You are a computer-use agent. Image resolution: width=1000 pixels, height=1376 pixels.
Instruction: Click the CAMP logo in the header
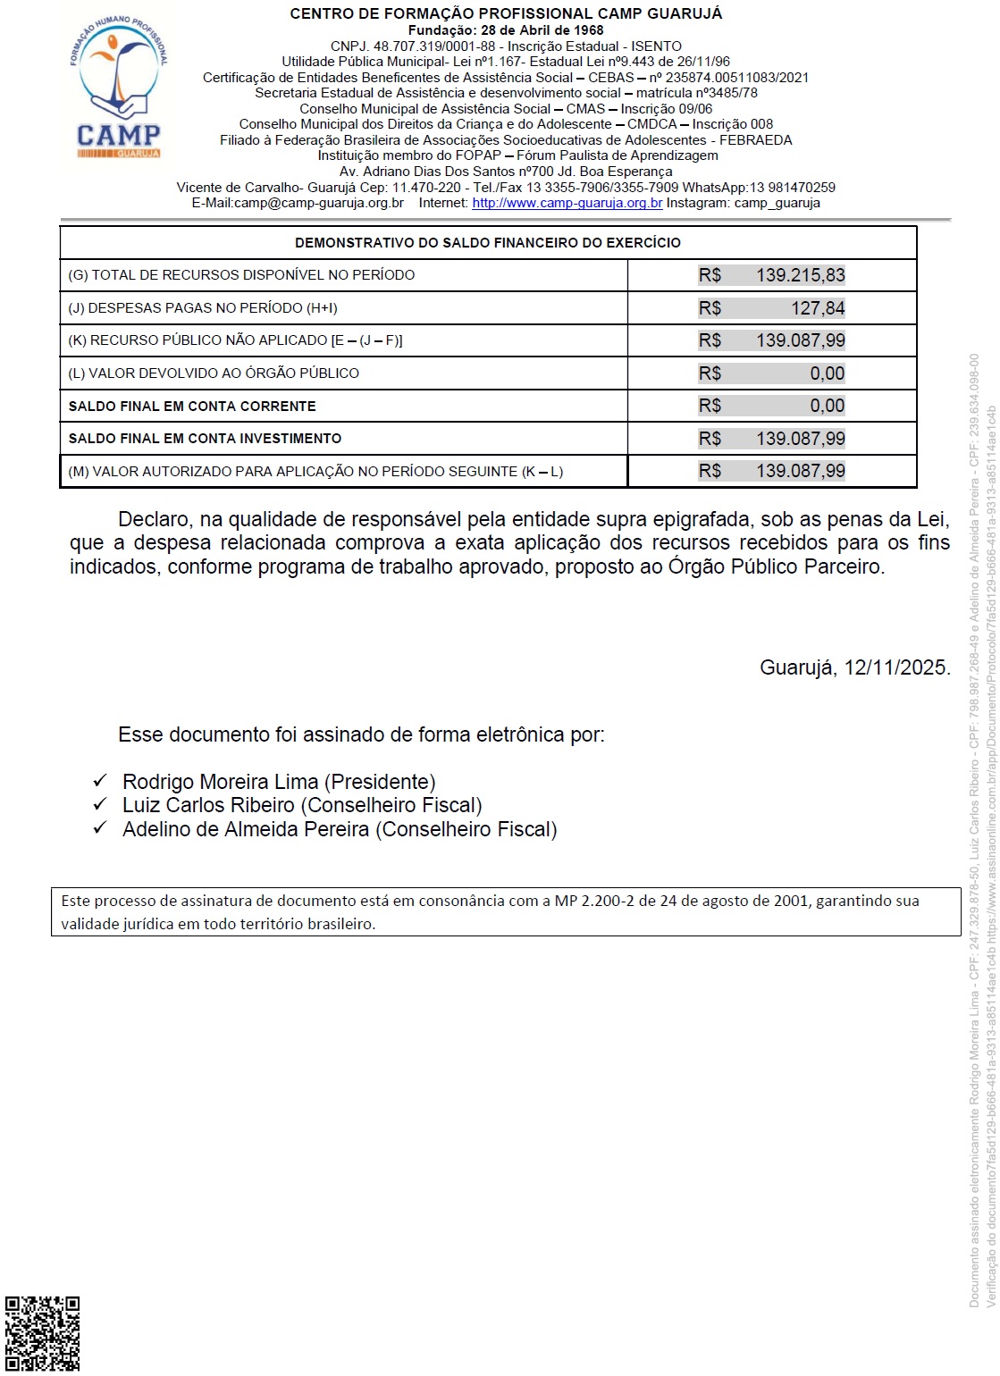click(119, 88)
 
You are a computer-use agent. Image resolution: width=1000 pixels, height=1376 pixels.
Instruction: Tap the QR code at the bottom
click(42, 1333)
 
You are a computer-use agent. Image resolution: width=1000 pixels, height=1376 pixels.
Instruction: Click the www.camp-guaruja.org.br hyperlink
click(567, 203)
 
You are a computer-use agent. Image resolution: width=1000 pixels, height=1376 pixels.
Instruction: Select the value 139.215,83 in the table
click(800, 275)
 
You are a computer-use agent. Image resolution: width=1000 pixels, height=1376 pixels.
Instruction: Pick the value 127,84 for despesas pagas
click(817, 308)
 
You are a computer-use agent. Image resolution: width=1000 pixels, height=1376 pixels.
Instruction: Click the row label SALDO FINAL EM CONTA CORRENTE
click(192, 407)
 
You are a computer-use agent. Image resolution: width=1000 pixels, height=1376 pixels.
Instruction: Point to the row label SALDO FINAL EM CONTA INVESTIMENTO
click(205, 439)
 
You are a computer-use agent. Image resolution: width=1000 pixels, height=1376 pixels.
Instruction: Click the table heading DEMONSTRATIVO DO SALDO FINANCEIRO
click(487, 243)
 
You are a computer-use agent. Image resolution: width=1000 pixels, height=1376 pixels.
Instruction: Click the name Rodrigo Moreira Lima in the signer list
click(220, 782)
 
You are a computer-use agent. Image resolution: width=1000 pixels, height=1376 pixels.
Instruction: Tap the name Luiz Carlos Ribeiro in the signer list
click(208, 805)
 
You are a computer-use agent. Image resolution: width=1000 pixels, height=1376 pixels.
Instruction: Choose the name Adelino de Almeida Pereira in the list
click(246, 829)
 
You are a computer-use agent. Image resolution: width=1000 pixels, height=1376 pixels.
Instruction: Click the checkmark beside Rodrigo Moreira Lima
click(100, 781)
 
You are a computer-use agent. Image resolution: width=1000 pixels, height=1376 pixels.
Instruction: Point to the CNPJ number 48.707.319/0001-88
click(433, 46)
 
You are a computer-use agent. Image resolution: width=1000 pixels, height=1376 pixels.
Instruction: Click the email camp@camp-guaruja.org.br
click(318, 203)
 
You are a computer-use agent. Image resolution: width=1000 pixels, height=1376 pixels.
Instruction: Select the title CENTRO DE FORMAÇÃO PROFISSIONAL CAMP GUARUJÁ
click(506, 14)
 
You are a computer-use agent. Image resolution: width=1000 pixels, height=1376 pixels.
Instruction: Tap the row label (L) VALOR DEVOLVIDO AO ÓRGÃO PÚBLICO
click(214, 373)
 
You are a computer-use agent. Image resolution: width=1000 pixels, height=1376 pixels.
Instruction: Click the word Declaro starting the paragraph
click(154, 519)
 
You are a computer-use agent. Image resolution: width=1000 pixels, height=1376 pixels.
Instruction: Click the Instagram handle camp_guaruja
click(777, 203)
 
